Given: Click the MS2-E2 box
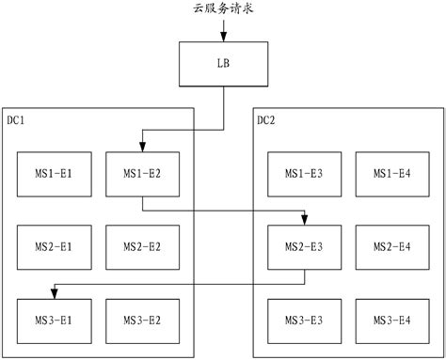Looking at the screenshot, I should [142, 247].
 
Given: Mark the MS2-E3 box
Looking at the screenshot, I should [304, 247].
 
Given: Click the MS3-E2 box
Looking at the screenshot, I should [142, 321].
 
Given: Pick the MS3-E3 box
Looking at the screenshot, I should [304, 321].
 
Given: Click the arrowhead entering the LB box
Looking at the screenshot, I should [223, 39].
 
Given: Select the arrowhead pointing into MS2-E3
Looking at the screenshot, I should [304, 220].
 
